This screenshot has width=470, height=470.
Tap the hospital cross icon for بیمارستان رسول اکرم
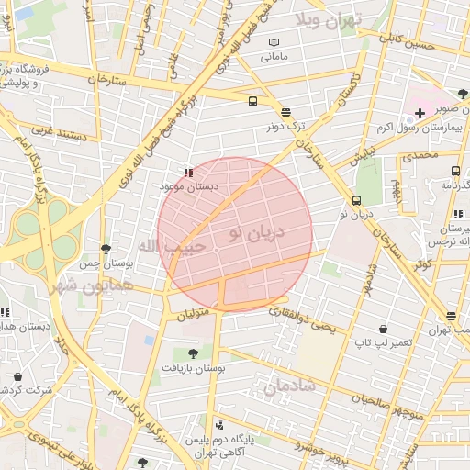tap(420, 113)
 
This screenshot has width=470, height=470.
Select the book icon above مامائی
tap(274, 42)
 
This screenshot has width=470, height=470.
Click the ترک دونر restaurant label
tap(285, 124)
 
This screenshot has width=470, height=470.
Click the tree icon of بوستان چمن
tap(106, 249)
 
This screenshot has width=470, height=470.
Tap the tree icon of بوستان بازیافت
tap(192, 353)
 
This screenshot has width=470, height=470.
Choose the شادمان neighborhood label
tap(289, 388)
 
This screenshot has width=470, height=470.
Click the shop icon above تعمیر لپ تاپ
tap(383, 329)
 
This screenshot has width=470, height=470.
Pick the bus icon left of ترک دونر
tap(252, 102)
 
